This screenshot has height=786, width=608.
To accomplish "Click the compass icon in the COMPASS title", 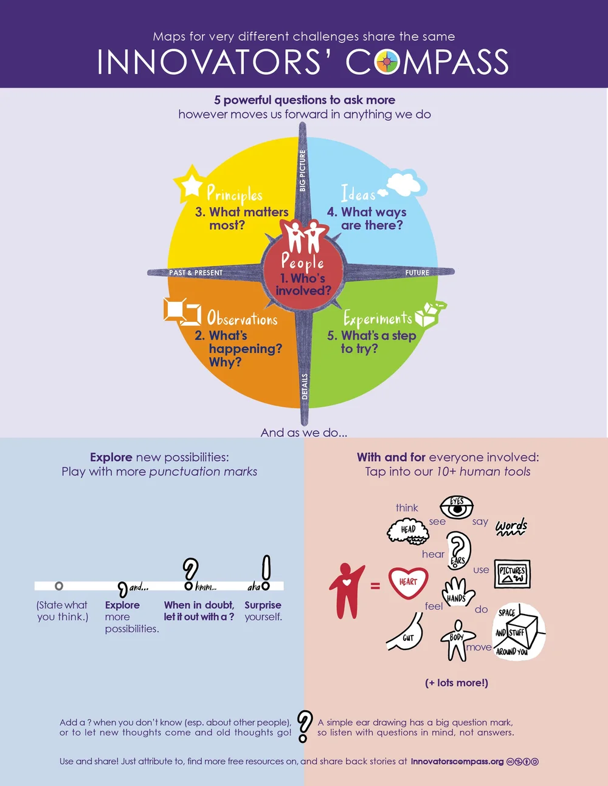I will (387, 62).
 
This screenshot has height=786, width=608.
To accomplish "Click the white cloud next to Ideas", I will (404, 185).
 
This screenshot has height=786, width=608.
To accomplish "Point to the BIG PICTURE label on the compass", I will (302, 171).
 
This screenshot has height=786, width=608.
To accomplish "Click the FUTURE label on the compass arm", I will (417, 273).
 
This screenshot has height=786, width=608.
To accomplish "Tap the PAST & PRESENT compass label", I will (196, 273).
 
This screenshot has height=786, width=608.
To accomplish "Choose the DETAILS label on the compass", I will (305, 386).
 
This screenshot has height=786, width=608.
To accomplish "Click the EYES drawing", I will (457, 507).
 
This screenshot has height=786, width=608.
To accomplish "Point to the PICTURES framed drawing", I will (512, 573).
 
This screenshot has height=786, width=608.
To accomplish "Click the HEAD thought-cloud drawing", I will (408, 530).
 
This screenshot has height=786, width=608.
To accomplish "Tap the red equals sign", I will (375, 586).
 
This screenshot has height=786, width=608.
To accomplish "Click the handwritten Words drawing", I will (511, 527).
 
